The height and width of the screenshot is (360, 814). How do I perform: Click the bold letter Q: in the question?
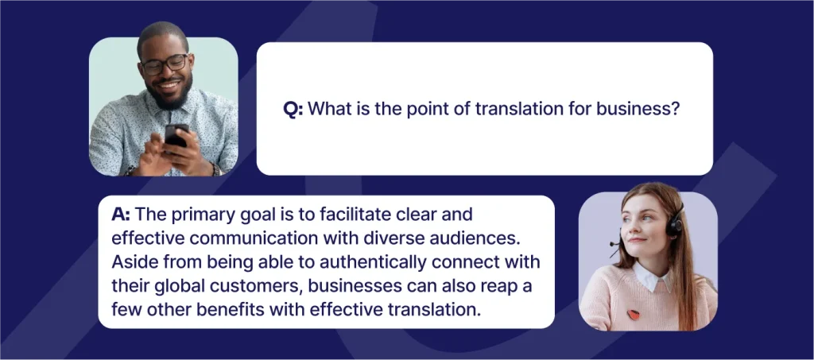tap(293, 109)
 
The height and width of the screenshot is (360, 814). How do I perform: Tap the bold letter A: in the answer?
tap(121, 215)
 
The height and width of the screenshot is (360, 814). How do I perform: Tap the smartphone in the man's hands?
tap(176, 136)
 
